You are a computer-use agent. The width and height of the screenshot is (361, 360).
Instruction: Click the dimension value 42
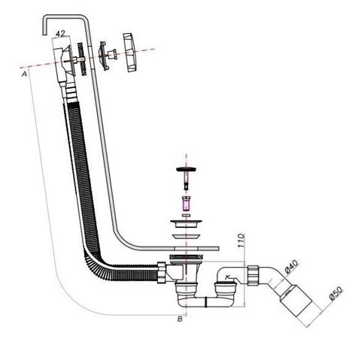[60, 34]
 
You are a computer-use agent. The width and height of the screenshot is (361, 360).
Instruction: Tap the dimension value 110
[241, 241]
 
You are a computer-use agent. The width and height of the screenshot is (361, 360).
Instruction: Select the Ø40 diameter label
[292, 267]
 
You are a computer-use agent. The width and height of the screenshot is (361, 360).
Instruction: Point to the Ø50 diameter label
[335, 293]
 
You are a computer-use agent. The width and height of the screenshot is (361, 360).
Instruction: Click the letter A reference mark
[24, 74]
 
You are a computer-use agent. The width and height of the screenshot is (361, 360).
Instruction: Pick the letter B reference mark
[180, 319]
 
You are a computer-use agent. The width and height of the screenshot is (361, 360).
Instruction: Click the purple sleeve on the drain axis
[186, 204]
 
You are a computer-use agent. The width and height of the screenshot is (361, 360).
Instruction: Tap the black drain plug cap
[186, 169]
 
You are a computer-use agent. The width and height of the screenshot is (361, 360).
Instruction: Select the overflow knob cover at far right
[130, 53]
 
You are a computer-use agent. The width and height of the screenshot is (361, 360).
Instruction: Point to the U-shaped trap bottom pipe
[205, 301]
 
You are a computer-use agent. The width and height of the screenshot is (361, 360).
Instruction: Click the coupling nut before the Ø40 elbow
[253, 275]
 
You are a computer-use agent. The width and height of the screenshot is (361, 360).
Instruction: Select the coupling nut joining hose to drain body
[162, 273]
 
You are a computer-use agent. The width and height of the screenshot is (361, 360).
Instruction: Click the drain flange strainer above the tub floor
[186, 223]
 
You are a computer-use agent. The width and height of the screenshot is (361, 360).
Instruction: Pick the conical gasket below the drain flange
[186, 237]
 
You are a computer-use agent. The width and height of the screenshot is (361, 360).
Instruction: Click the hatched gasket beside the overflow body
[81, 59]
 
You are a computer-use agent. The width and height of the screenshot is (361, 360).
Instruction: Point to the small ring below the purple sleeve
[186, 215]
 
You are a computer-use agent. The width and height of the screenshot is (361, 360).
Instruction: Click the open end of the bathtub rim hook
[44, 35]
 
